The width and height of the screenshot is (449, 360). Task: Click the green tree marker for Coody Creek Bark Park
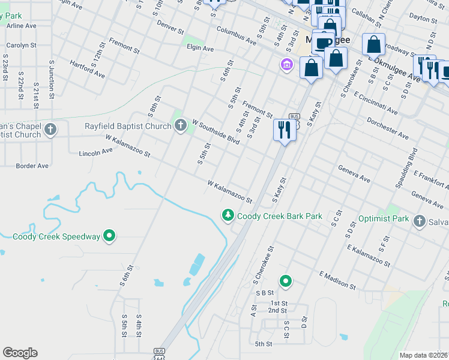click(228, 215)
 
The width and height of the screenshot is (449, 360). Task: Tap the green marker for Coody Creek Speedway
click(109, 236)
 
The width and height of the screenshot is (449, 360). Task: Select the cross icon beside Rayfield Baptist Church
click(180, 125)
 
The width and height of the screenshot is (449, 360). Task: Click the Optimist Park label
click(383, 219)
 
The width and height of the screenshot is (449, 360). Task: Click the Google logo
click(20, 353)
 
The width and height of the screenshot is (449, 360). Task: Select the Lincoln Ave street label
click(95, 153)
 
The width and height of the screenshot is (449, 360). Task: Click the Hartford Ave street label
click(87, 69)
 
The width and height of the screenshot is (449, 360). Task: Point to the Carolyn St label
click(22, 45)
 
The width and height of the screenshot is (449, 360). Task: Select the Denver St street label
click(169, 27)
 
